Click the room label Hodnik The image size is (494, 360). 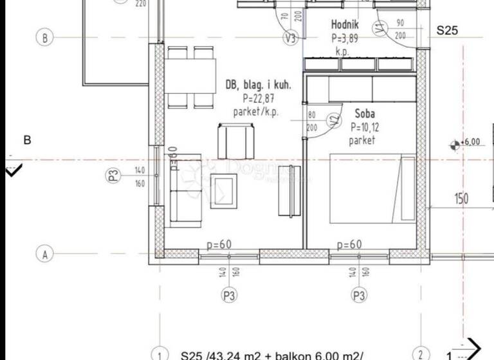coord(345,25)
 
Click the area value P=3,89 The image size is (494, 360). coord(345,38)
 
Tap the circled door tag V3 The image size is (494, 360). coord(291,39)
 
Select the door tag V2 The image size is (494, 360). coord(333,121)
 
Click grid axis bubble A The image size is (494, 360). coord(45,255)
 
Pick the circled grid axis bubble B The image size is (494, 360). coord(45,38)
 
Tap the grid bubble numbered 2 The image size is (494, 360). coord(420,354)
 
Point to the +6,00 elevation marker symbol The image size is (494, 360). coord(455,145)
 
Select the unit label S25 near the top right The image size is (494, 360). coord(448,30)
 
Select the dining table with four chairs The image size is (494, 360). coord(190,76)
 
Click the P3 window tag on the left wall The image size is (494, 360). coord(114,176)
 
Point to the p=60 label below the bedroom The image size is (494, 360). coord(349,244)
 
